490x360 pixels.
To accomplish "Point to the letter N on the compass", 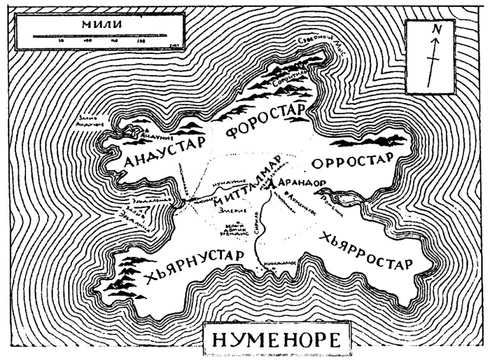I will point(436,28).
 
